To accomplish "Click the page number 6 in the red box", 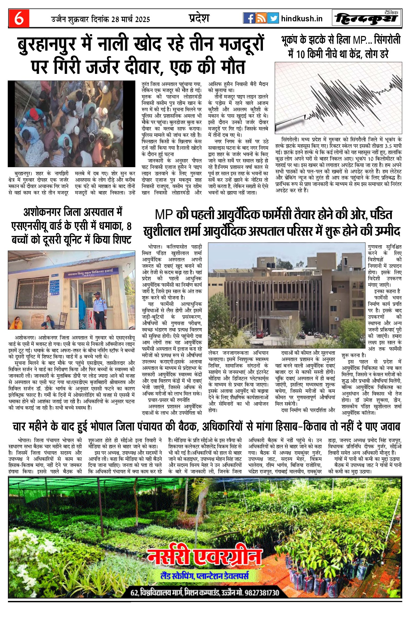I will tap(19, 18).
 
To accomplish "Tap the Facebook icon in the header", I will tap(249, 18).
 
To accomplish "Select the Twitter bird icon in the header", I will tap(273, 18).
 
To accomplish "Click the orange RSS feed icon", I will tap(261, 18).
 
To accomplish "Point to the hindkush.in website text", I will tap(302, 19).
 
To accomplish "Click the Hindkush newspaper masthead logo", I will tap(367, 18).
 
